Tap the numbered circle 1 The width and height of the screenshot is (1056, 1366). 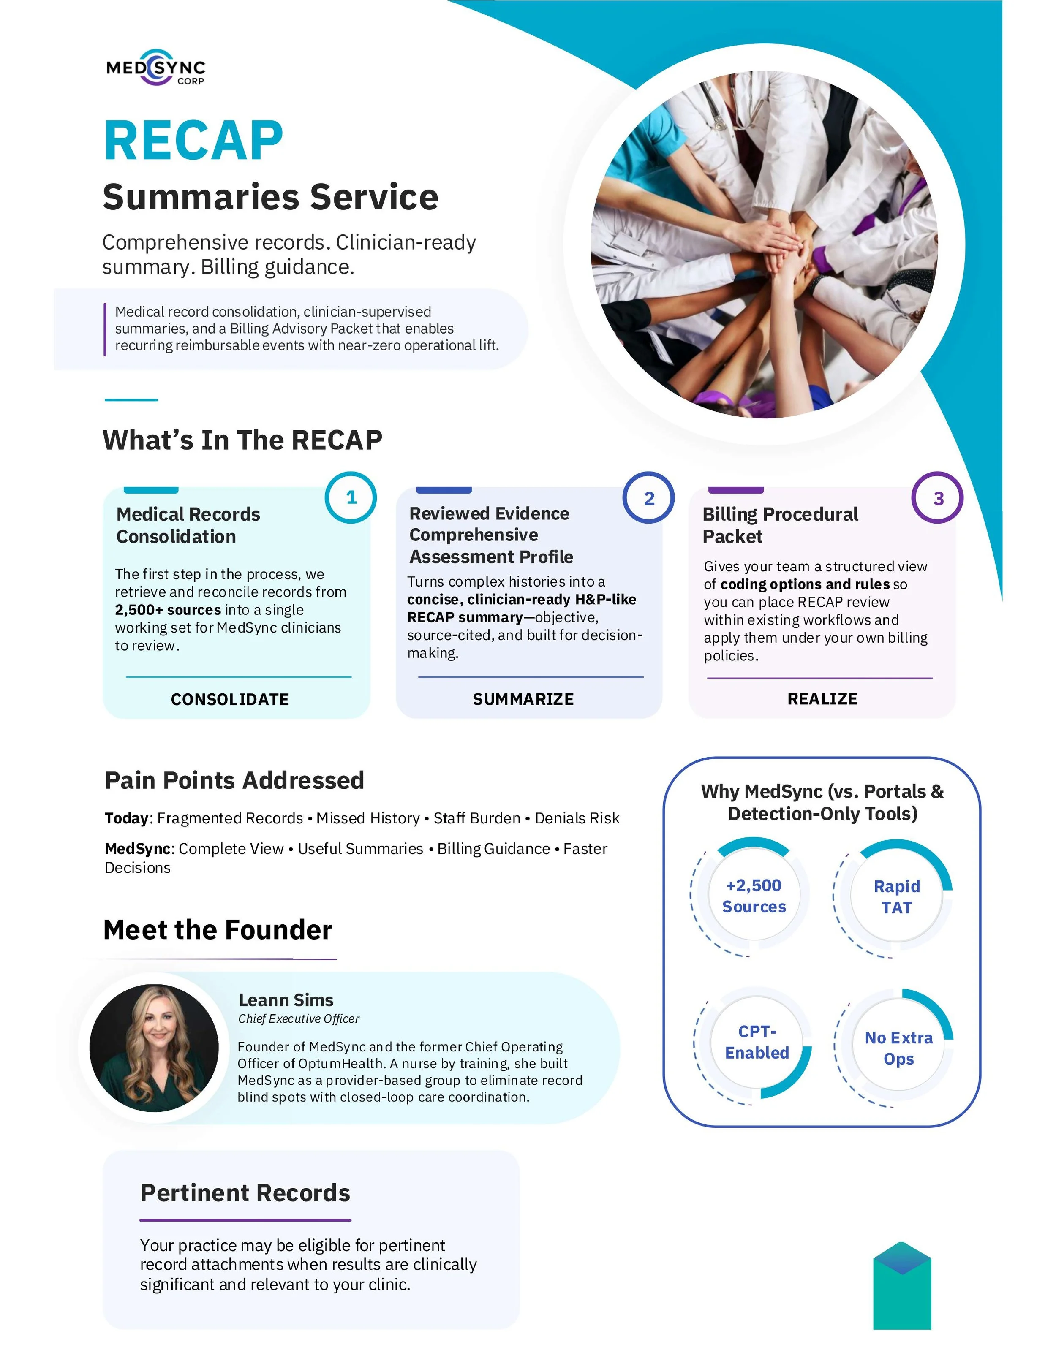click(351, 497)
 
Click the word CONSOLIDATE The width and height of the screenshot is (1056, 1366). click(230, 699)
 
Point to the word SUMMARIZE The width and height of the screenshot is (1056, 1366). click(523, 699)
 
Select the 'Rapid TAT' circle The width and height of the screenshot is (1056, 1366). click(896, 896)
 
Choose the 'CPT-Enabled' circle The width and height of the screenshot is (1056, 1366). click(757, 1042)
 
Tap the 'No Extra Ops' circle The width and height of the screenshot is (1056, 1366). click(898, 1048)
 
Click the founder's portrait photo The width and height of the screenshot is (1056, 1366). click(154, 1048)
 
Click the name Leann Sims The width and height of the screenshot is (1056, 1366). click(286, 999)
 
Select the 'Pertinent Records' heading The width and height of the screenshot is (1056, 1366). click(245, 1193)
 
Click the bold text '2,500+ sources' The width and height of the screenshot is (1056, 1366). click(168, 610)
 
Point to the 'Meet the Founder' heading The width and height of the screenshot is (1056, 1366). click(218, 929)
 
